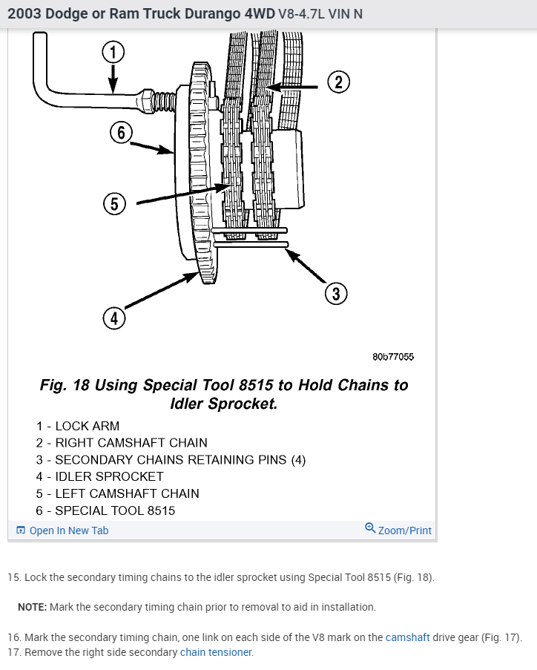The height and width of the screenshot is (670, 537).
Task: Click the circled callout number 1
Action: (112, 51)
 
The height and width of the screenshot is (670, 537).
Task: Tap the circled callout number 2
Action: (338, 82)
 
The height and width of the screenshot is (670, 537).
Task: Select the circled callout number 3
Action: (335, 293)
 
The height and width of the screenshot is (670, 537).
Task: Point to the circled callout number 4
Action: (113, 318)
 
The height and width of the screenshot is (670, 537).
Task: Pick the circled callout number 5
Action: (113, 203)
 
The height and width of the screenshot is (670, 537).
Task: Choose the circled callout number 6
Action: (120, 134)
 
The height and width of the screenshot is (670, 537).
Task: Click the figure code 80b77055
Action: (393, 357)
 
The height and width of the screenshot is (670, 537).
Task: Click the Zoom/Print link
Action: (404, 531)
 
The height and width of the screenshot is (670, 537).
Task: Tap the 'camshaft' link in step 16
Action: (407, 637)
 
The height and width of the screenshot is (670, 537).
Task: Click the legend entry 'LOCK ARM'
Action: (87, 426)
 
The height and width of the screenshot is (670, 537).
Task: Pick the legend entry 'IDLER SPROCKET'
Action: (109, 476)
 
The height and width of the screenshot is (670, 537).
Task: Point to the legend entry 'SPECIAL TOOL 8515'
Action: (115, 510)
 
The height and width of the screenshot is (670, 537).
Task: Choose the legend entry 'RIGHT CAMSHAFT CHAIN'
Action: (131, 443)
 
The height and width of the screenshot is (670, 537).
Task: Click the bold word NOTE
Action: (32, 607)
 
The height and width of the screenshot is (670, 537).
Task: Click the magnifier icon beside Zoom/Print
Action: (370, 528)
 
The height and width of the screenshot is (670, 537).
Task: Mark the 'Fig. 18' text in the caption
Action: (64, 385)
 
